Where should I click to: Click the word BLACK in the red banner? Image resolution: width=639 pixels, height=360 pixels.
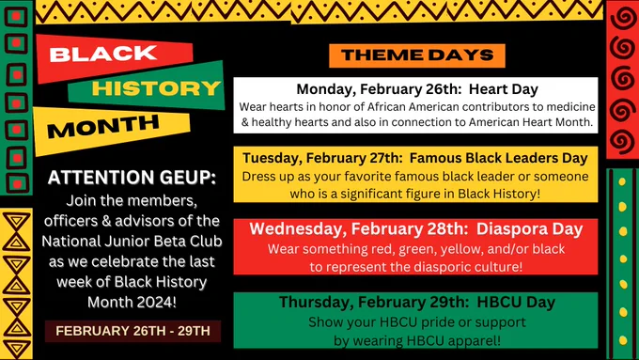tap(103, 54)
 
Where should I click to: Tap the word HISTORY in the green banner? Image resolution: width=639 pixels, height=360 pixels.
tap(156, 88)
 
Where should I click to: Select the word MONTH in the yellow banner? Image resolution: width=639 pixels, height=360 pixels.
tap(102, 126)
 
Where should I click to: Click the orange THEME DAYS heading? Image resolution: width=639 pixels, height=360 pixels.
tap(417, 55)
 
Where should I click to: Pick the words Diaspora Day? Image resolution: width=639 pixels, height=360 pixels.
tap(529, 229)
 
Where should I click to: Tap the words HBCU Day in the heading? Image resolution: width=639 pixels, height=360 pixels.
tap(516, 302)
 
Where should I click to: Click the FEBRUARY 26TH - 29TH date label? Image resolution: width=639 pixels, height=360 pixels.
tap(132, 331)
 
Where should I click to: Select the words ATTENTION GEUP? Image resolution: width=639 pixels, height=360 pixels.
tap(132, 178)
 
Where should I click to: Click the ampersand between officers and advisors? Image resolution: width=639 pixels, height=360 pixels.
tap(106, 221)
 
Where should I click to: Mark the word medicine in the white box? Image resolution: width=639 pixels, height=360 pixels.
tap(570, 107)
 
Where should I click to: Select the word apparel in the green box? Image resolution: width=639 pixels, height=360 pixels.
tap(476, 340)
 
